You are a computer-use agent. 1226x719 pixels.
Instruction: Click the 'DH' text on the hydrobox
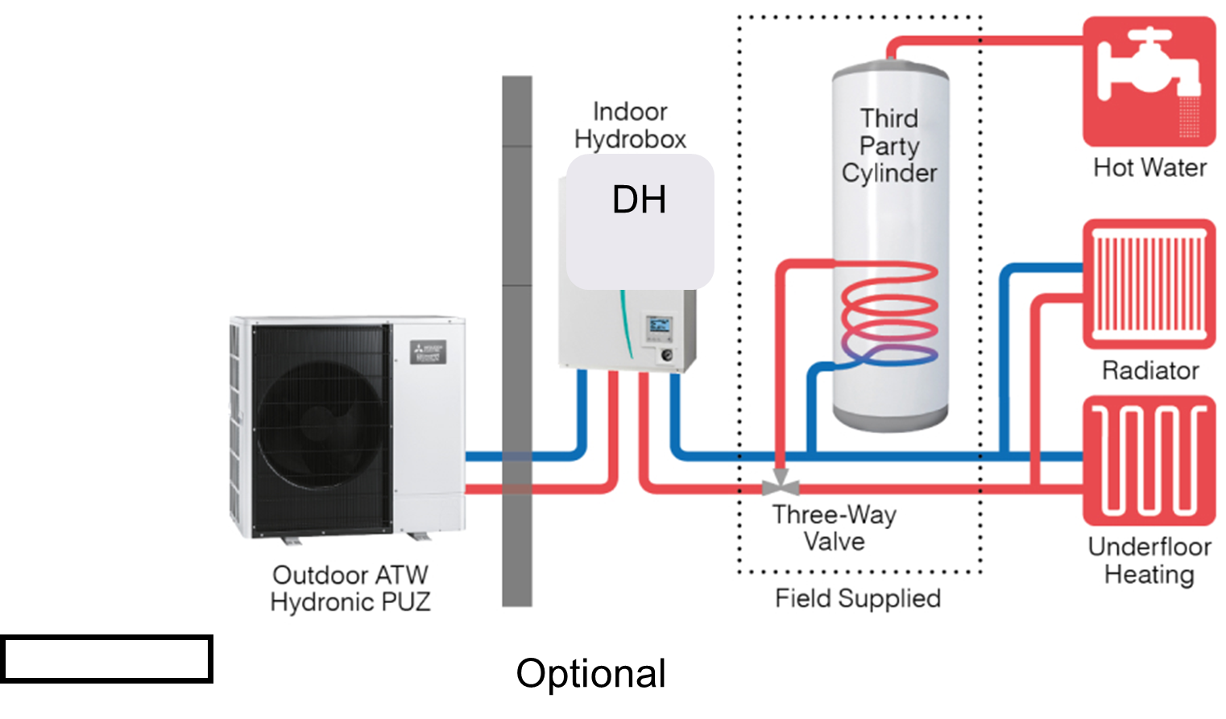click(639, 200)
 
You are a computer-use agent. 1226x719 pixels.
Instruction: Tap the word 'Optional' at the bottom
click(591, 674)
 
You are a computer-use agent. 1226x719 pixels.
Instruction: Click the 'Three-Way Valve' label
click(835, 527)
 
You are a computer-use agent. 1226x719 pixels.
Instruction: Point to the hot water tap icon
click(1149, 81)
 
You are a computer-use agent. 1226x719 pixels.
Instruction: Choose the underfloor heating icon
click(1149, 461)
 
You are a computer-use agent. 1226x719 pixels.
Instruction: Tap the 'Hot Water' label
click(1149, 167)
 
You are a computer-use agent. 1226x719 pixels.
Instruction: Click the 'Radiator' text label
click(1149, 370)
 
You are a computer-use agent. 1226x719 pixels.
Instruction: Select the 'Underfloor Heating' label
click(1149, 560)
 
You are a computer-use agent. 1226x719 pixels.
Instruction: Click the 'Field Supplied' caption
click(858, 598)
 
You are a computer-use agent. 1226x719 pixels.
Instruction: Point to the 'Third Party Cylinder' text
click(889, 146)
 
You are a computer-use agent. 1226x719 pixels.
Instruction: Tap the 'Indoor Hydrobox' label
click(630, 126)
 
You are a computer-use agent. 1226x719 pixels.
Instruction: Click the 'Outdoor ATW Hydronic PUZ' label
click(350, 589)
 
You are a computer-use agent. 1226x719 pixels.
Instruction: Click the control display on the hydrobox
click(660, 326)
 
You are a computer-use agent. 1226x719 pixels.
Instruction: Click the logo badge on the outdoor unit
click(428, 352)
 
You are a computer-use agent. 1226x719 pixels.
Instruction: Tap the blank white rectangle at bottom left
click(106, 659)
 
